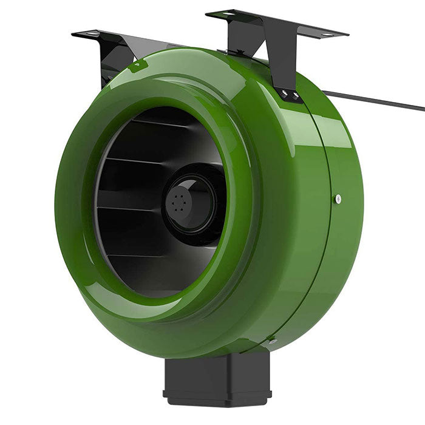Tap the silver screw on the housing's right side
coord(338,199)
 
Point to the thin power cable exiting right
coord(376,101)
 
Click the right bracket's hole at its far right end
coord(328,35)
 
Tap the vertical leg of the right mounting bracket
coord(285,67)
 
